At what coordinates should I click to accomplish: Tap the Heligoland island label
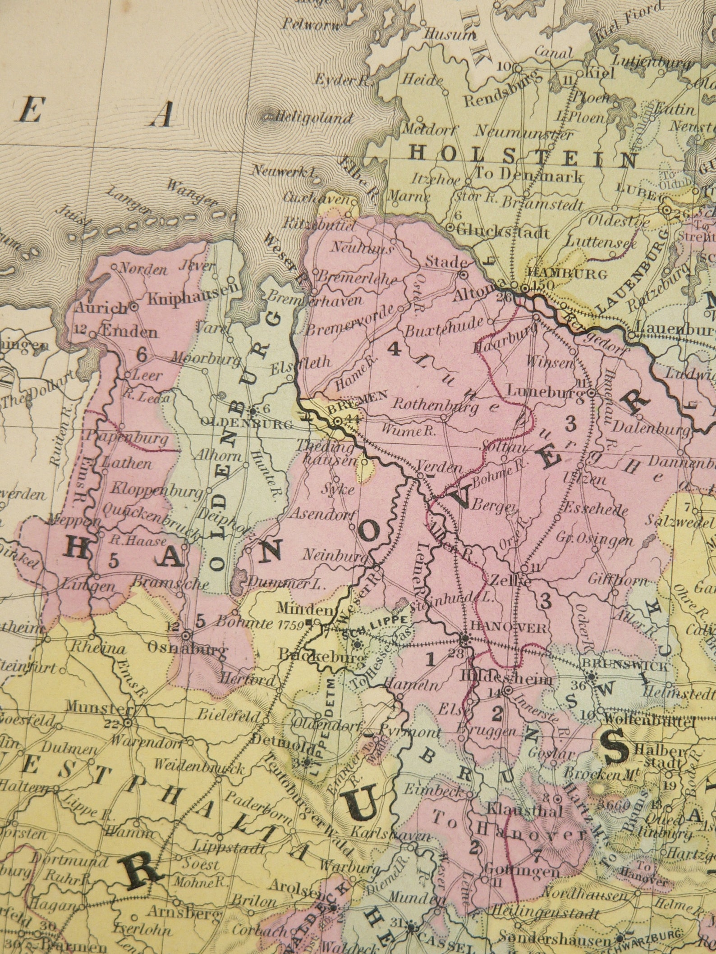pyautogui.click(x=313, y=118)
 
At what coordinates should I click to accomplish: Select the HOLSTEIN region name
pyautogui.click(x=523, y=156)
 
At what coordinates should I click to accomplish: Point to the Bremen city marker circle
pyautogui.click(x=337, y=421)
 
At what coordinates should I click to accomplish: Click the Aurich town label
pyautogui.click(x=100, y=308)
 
